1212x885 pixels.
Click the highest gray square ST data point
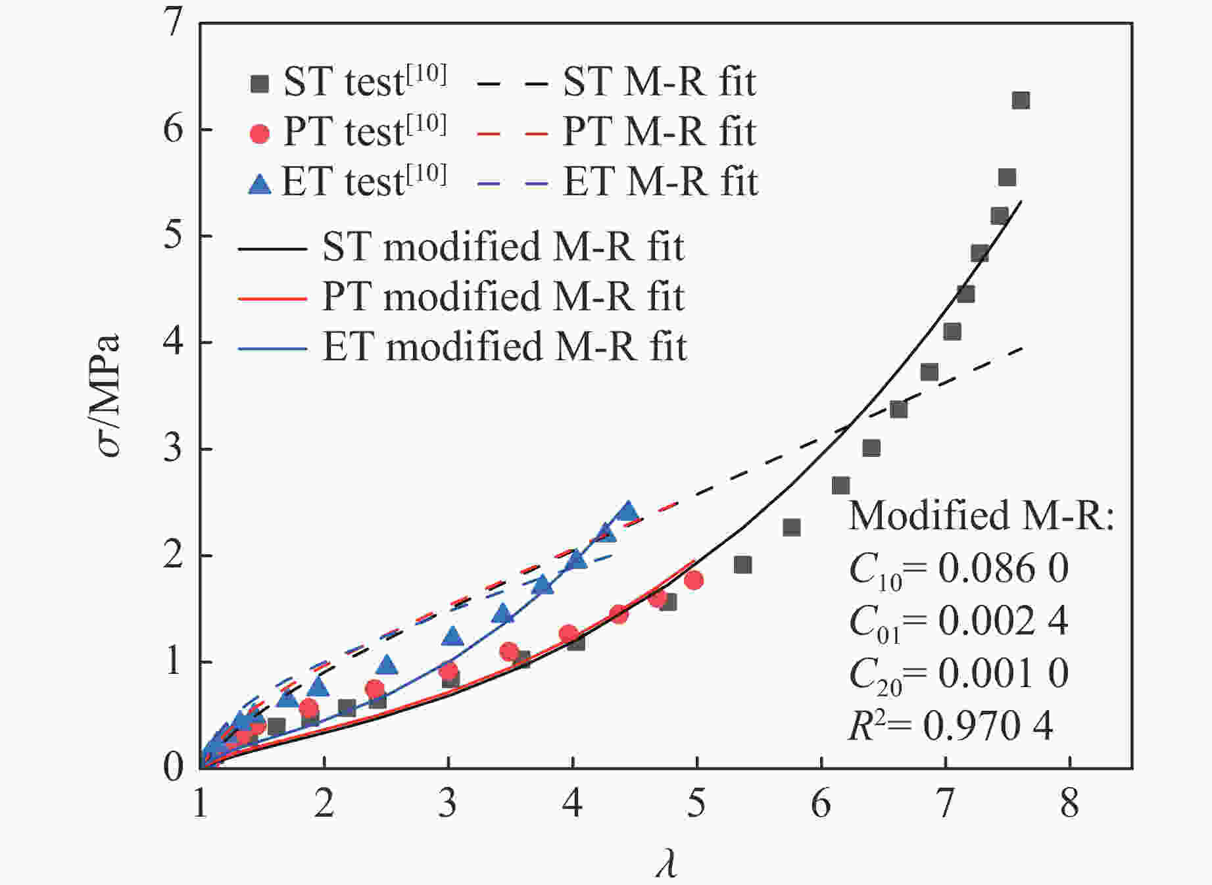click(x=1020, y=101)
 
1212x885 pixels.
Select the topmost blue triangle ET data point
click(x=628, y=511)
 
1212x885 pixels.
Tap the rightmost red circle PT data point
click(x=693, y=580)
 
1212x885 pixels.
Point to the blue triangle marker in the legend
click(x=260, y=183)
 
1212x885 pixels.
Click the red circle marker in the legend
click(x=260, y=133)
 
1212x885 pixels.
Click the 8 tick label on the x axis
click(x=1069, y=803)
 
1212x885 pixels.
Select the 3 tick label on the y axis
click(x=173, y=449)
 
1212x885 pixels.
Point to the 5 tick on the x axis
click(x=696, y=803)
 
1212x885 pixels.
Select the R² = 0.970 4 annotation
click(x=950, y=726)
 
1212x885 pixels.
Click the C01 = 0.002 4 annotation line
click(x=958, y=621)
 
